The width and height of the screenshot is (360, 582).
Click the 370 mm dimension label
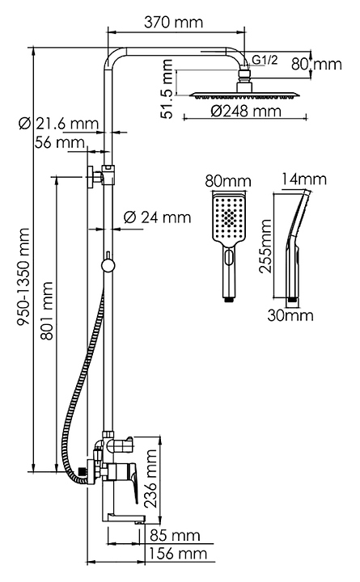[x=173, y=22]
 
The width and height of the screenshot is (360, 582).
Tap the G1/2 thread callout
[x=265, y=60]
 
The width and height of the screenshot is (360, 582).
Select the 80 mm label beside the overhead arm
[x=316, y=64]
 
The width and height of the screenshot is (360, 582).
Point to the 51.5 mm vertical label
[x=168, y=89]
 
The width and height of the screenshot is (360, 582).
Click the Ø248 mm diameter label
[x=246, y=111]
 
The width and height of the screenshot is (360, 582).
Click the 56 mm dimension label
[x=60, y=142]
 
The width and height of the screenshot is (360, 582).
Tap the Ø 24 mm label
[x=157, y=217]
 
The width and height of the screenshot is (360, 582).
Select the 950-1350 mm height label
[x=23, y=277]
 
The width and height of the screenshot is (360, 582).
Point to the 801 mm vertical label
[x=48, y=310]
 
